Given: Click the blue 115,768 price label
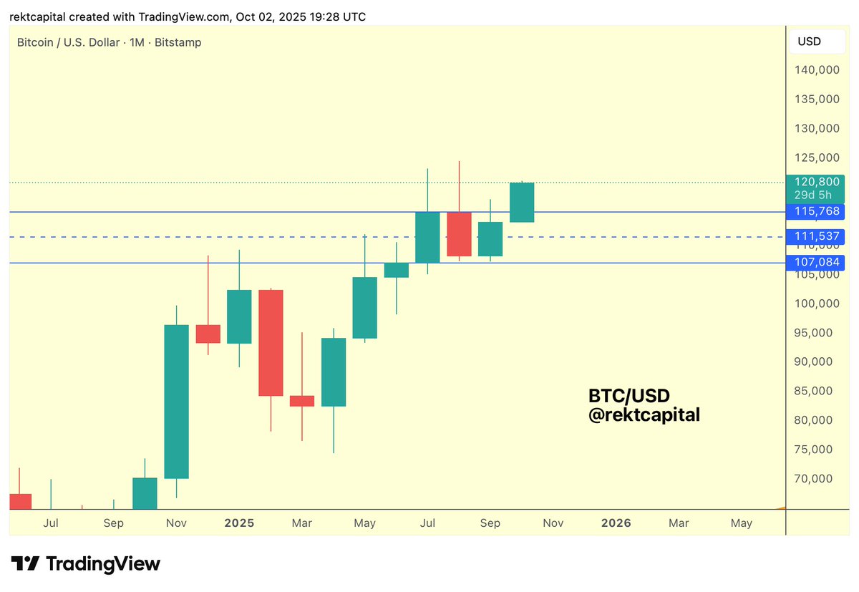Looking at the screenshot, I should [x=815, y=212].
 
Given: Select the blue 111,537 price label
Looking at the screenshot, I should [x=815, y=236].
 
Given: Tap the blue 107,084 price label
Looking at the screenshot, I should [x=815, y=262].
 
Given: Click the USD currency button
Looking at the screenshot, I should [x=809, y=42].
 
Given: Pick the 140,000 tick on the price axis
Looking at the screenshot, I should [x=815, y=70].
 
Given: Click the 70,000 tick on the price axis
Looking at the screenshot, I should [x=815, y=478].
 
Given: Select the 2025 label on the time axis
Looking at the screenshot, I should [x=239, y=523].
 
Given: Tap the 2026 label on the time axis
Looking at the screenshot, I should [x=616, y=523].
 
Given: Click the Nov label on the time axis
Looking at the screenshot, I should [x=553, y=523].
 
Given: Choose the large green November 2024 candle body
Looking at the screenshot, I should [x=177, y=402].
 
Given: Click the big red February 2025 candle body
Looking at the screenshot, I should [x=271, y=342].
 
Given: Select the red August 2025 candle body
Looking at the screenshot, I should [x=459, y=233].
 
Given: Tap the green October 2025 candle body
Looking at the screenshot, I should [x=522, y=202].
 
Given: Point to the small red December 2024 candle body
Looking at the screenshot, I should [x=208, y=334].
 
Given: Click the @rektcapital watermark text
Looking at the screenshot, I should [x=644, y=414].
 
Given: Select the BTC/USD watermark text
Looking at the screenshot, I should [x=629, y=395].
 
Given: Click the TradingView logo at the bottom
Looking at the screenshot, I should [x=85, y=563].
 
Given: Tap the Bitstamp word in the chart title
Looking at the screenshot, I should [x=178, y=42].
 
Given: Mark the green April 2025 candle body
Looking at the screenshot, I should [x=334, y=372].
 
